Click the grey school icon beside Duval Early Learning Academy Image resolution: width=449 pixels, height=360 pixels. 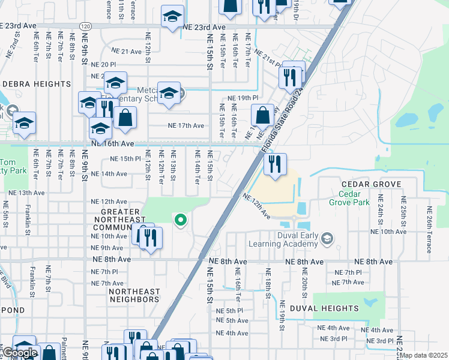[x=327, y=239]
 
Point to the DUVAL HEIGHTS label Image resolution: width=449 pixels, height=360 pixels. [x=324, y=308]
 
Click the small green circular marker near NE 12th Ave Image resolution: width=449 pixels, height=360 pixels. [x=179, y=220]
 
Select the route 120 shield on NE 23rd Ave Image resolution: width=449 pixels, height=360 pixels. [x=85, y=27]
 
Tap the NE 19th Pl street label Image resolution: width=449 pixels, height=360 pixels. [x=243, y=98]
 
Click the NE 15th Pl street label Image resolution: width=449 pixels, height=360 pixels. [x=125, y=159]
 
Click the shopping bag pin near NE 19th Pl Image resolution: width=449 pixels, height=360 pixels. [x=262, y=114]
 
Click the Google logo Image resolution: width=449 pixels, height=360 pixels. [x=20, y=353]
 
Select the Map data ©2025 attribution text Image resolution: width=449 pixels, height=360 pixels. [x=423, y=355]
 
